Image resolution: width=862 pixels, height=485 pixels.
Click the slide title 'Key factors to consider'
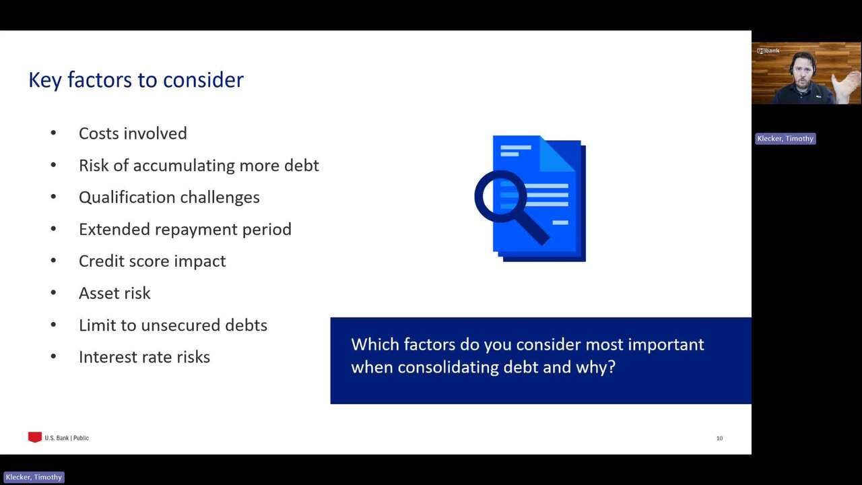coord(136,80)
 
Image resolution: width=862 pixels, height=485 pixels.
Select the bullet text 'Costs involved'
coord(133,133)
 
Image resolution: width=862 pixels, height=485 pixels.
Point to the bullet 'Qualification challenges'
coord(169,197)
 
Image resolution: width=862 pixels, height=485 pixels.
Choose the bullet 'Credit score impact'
coord(152,261)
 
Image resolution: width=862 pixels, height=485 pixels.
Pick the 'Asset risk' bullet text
coord(114,293)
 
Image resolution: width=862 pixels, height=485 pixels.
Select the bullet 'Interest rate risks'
coord(144,357)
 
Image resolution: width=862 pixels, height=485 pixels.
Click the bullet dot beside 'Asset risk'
coord(53,292)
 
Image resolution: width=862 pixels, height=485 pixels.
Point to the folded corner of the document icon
coord(557,154)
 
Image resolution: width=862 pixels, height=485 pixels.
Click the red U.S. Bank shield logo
coord(35,437)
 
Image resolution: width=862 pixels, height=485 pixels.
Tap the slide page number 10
coord(719,439)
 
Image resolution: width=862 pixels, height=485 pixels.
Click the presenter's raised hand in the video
coord(846,86)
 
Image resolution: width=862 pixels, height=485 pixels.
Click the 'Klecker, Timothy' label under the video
coord(785,139)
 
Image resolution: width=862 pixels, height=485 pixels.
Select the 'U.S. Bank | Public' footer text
coord(67,438)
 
